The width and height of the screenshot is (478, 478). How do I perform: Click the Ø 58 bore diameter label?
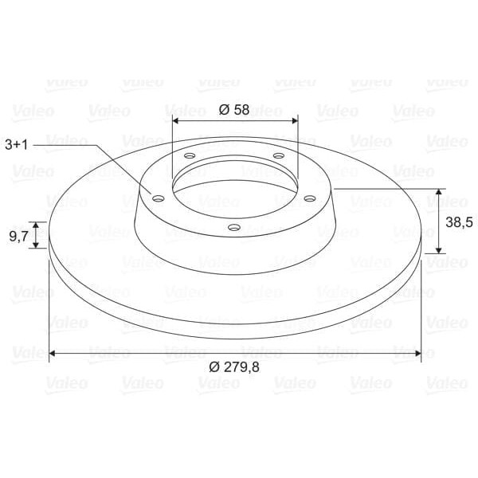233,110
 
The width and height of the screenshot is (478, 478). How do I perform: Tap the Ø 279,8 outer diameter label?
234,367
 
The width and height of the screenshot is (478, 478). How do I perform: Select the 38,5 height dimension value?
459,222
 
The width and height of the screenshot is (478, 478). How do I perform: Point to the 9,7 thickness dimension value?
18,236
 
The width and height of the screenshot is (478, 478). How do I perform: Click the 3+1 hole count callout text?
17,144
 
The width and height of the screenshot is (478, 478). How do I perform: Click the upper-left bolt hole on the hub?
190,156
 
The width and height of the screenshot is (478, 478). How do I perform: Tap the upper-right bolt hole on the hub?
279,156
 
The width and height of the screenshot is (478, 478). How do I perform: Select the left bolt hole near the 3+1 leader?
159,199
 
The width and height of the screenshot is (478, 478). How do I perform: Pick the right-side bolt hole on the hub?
310,198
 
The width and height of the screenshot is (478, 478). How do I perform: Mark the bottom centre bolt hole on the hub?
234,227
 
